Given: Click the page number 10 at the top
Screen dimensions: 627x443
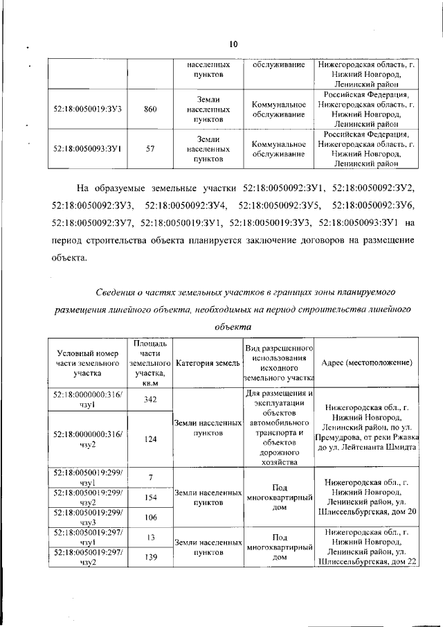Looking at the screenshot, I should pyautogui.click(x=233, y=44).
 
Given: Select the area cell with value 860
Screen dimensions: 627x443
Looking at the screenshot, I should pyautogui.click(x=150, y=109).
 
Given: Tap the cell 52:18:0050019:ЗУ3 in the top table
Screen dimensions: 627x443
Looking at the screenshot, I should pyautogui.click(x=88, y=109).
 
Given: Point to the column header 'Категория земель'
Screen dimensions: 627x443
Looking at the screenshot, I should pyautogui.click(x=208, y=363).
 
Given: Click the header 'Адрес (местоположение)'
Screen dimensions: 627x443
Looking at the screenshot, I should pyautogui.click(x=367, y=363).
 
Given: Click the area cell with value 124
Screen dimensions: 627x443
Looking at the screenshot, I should pyautogui.click(x=150, y=438).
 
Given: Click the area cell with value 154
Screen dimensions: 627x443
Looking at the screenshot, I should pyautogui.click(x=150, y=497).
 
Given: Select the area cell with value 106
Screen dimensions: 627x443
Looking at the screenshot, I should pyautogui.click(x=150, y=517).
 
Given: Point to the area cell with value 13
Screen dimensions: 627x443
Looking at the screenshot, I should pyautogui.click(x=150, y=536).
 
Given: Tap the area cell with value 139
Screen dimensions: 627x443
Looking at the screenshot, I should pyautogui.click(x=150, y=556).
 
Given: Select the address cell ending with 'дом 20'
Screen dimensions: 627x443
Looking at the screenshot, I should pyautogui.click(x=367, y=497).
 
